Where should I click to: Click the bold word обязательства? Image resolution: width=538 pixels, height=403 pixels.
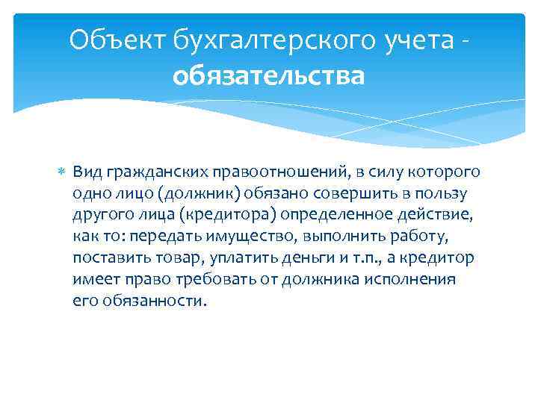click(269, 75)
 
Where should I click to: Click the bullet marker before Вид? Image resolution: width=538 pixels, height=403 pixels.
click(62, 172)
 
